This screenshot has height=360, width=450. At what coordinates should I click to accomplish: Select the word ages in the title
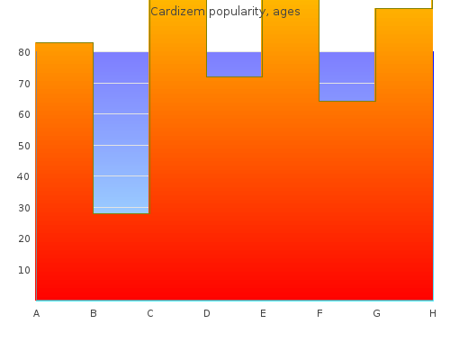point(286,13)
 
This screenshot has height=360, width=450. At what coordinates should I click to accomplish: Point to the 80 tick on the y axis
point(24,52)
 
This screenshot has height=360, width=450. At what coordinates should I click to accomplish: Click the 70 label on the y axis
point(24,84)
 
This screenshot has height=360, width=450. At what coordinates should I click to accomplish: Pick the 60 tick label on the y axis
point(24,114)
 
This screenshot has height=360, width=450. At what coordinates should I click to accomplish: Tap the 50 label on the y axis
point(24,146)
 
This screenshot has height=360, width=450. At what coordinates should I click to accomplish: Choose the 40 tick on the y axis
point(23,176)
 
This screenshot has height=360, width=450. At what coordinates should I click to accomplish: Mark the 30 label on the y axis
point(24,208)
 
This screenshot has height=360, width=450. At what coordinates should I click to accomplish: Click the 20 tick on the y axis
point(24,238)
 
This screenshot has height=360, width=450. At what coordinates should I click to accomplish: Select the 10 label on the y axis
point(24,270)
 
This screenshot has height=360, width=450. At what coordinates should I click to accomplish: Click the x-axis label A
point(36,313)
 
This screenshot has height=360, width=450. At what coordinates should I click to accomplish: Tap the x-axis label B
point(94,313)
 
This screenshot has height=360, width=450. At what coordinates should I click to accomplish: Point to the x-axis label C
point(150,313)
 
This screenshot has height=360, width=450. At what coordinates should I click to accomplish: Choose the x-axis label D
point(207,313)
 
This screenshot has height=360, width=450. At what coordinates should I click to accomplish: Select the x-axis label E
point(263,313)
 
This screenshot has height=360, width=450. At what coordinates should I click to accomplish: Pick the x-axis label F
point(319,313)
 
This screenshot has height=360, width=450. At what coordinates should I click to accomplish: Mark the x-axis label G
point(376,313)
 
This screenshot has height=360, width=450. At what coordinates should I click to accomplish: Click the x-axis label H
point(433,313)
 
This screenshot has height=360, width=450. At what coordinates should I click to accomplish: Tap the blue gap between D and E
point(234,64)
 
